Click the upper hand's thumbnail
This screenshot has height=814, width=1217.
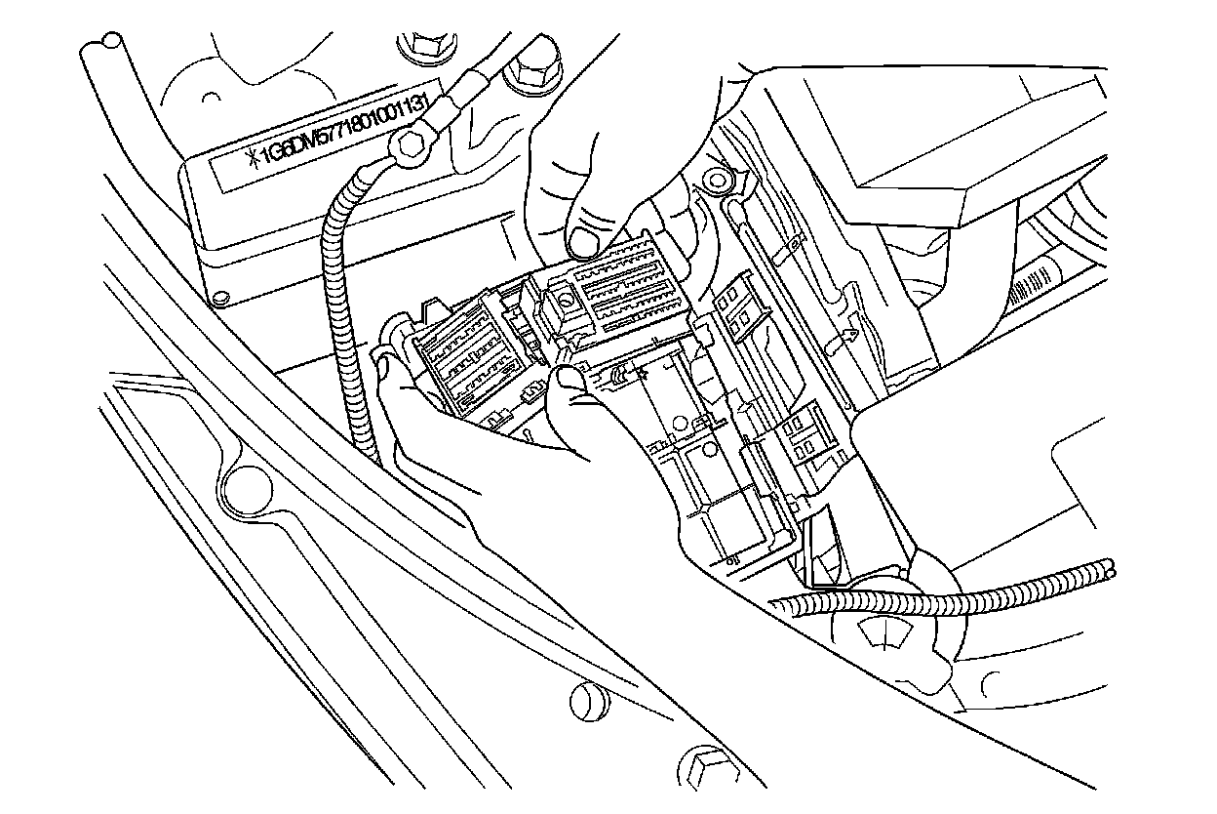pyautogui.click(x=585, y=238)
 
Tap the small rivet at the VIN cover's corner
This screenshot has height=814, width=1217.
pyautogui.click(x=221, y=291)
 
